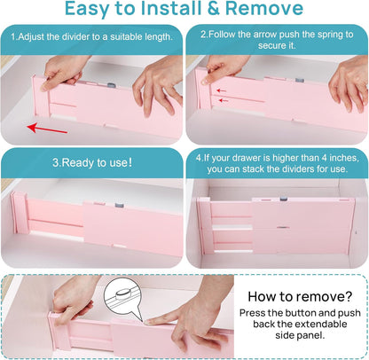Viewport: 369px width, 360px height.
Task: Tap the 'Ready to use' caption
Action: (92, 163)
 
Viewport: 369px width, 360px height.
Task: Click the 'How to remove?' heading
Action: (301, 297)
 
